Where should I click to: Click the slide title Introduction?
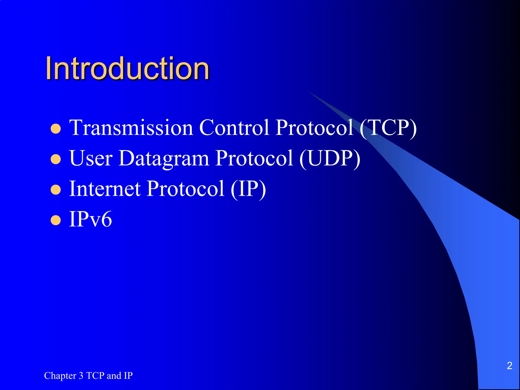tap(127, 69)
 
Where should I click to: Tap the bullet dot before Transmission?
tap(56, 129)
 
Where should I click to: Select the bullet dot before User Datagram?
tap(56, 159)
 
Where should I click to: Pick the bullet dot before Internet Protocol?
tap(56, 190)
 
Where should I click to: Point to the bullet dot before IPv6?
tap(56, 220)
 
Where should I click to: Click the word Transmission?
tap(131, 128)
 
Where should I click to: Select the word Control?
tap(234, 128)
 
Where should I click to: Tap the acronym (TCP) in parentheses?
tap(388, 128)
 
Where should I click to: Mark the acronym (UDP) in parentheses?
tap(330, 158)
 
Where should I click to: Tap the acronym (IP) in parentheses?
tap(248, 189)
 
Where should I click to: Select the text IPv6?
tap(90, 219)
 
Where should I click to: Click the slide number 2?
tap(509, 366)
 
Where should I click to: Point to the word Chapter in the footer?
tap(60, 376)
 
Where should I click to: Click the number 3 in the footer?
tap(81, 376)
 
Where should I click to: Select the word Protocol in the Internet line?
tap(186, 189)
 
